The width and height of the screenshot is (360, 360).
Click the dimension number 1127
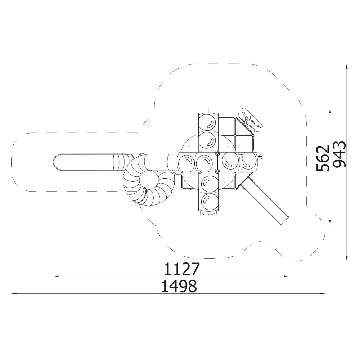coord(181,269)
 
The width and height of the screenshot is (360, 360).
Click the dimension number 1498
coord(179,286)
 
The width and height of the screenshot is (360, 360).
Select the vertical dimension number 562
coord(323,158)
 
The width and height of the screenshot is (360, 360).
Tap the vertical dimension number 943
coord(339,154)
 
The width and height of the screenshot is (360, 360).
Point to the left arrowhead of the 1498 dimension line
coord(14,293)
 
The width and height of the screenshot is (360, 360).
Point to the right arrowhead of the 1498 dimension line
coord(322,293)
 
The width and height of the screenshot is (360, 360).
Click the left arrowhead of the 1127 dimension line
coord(56,276)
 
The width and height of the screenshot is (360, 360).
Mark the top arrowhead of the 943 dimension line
coord(346,67)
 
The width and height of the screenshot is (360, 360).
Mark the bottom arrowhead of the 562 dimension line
coord(330,222)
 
